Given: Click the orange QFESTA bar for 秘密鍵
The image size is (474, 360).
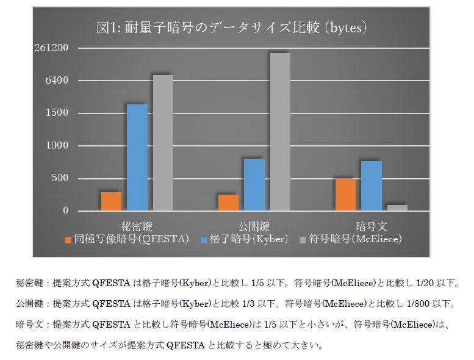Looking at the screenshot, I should (x=111, y=201).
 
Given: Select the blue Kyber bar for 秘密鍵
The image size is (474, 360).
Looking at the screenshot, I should (x=137, y=157).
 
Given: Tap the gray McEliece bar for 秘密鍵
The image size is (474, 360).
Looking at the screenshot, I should (x=163, y=143).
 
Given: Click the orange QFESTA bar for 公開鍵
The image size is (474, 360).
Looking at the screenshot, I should (x=228, y=203).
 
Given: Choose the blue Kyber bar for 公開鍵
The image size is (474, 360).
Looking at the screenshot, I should (x=254, y=185).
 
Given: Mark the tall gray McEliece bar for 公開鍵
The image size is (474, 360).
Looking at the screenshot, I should (x=280, y=132).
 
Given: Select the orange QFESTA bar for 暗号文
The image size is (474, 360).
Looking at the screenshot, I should (x=345, y=195).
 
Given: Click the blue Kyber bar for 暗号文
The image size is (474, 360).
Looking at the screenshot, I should (x=371, y=186).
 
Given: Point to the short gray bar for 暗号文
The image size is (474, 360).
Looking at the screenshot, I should (x=397, y=207).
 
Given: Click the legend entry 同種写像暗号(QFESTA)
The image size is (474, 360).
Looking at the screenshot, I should (x=127, y=239).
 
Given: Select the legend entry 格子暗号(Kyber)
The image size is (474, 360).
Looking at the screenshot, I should (x=244, y=239).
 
